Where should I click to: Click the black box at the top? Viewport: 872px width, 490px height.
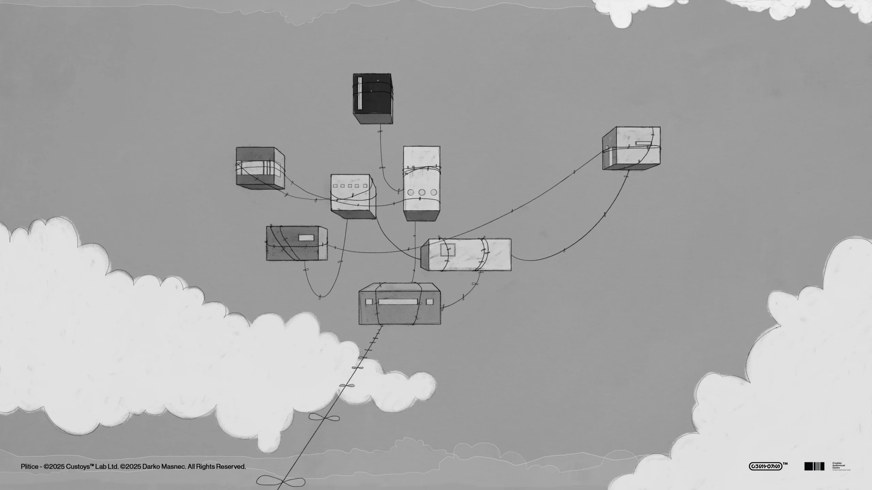pyautogui.click(x=373, y=99)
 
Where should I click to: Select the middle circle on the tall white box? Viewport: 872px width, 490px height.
pyautogui.click(x=422, y=192)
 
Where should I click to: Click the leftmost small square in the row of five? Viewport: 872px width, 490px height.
pyautogui.click(x=335, y=186)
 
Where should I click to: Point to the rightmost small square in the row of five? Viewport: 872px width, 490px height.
pyautogui.click(x=365, y=186)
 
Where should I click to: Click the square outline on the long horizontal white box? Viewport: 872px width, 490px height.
pyautogui.click(x=448, y=250)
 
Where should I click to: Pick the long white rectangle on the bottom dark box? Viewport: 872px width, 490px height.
pyautogui.click(x=398, y=302)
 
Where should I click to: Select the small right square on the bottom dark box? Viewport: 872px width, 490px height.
pyautogui.click(x=430, y=301)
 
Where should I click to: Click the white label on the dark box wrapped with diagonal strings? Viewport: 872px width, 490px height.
pyautogui.click(x=306, y=238)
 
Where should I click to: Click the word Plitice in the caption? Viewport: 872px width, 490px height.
pyautogui.click(x=29, y=467)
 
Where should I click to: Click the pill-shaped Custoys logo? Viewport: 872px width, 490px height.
pyautogui.click(x=765, y=466)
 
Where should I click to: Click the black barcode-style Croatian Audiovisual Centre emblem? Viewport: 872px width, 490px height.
pyautogui.click(x=814, y=466)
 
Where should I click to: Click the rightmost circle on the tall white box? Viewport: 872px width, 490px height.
pyautogui.click(x=434, y=192)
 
